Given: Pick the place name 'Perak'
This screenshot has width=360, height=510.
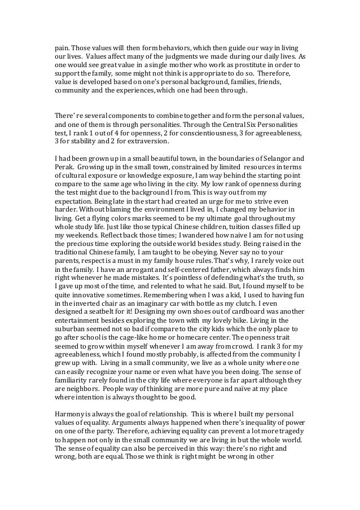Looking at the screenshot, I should tap(63, 167).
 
